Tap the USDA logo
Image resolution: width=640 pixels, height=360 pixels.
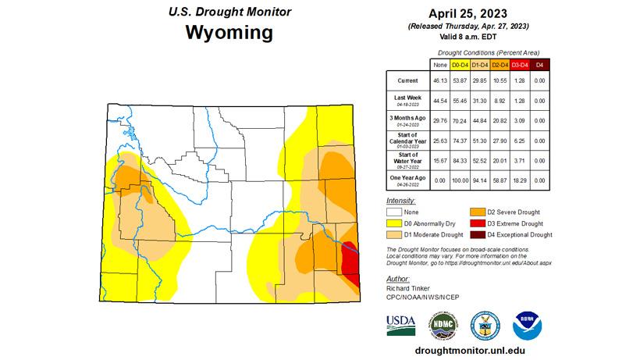coord(400,323)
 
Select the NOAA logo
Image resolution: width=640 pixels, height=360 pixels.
coord(524,323)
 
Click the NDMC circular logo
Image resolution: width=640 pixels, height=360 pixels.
coord(443,323)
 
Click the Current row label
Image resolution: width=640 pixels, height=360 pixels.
coord(407,80)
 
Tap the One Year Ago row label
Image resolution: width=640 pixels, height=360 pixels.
coord(407,180)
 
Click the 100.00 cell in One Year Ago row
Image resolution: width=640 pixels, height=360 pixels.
coord(458,180)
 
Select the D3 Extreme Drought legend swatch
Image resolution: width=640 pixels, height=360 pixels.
coord(476,223)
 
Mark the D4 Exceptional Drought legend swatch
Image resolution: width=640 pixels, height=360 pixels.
coord(476,234)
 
